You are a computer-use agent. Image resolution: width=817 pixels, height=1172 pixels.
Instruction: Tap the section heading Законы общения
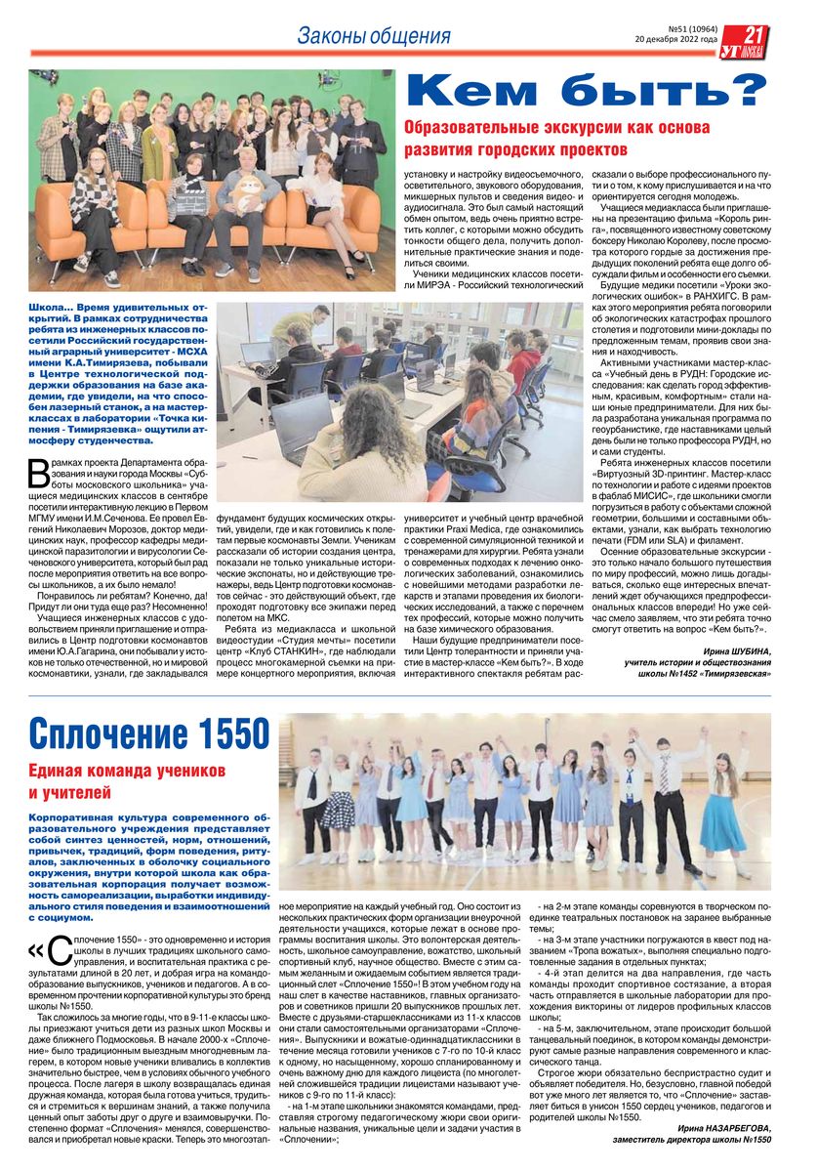point(374,37)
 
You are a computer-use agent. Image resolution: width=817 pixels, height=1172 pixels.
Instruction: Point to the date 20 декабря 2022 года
point(688,41)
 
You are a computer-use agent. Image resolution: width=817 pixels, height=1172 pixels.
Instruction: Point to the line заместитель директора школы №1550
point(691,1139)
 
